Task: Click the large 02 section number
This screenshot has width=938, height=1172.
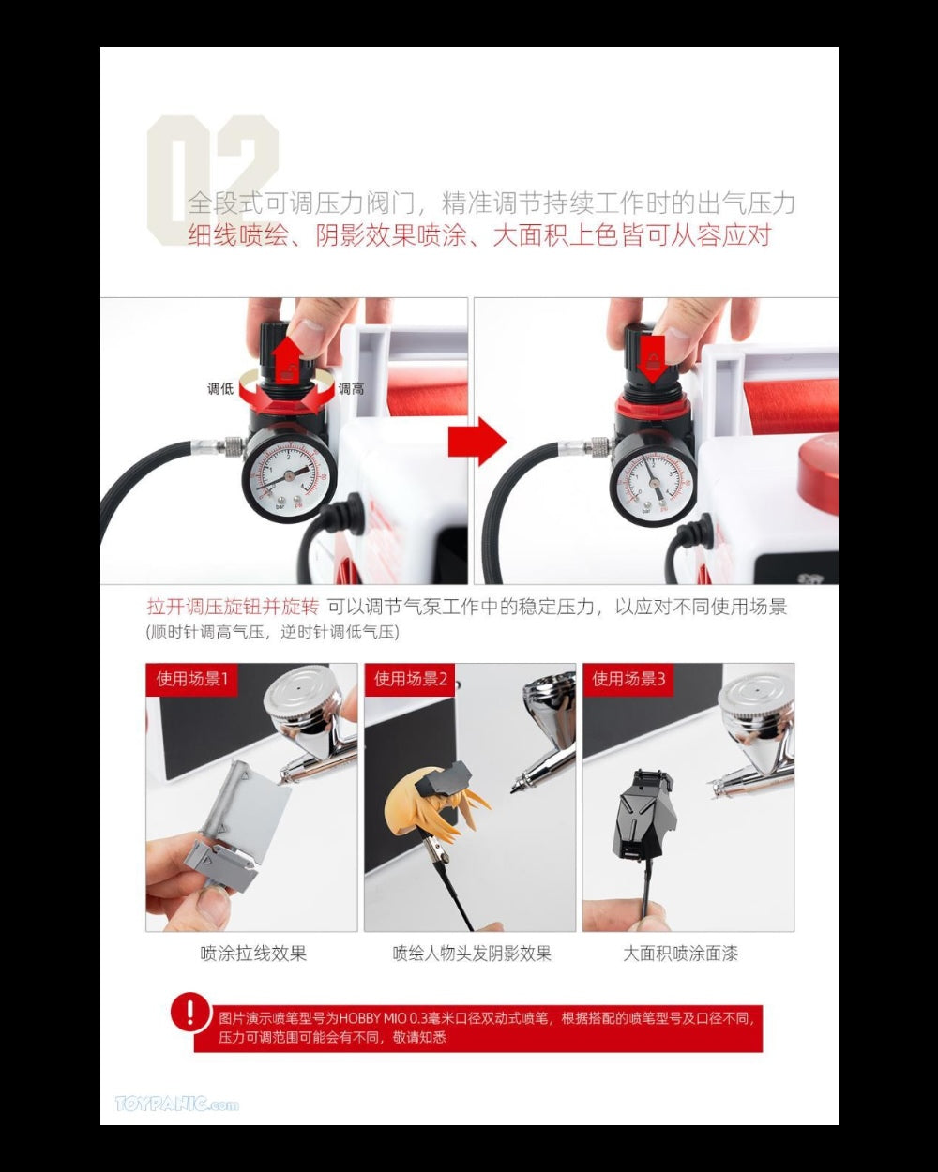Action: pyautogui.click(x=213, y=178)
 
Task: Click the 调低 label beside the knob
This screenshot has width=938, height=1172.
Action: pyautogui.click(x=220, y=388)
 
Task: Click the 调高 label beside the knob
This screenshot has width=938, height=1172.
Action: pyautogui.click(x=351, y=388)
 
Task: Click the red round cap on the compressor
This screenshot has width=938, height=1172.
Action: pyautogui.click(x=821, y=459)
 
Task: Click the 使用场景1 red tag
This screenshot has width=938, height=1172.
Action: pyautogui.click(x=191, y=679)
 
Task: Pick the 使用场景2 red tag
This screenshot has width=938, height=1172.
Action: pyautogui.click(x=411, y=679)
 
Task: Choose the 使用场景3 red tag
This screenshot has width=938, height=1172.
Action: pyautogui.click(x=628, y=679)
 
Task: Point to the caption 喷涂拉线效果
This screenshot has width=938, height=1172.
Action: pyautogui.click(x=253, y=954)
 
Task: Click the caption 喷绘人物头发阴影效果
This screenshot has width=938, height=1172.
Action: pyautogui.click(x=472, y=954)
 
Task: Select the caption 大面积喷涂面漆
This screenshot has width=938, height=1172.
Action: pyautogui.click(x=680, y=954)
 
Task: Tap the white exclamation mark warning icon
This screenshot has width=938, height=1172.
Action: pyautogui.click(x=190, y=1013)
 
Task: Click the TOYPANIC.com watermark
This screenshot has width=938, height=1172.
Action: pyautogui.click(x=176, y=1104)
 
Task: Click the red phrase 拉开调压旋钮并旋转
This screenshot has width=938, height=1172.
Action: pyautogui.click(x=233, y=607)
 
